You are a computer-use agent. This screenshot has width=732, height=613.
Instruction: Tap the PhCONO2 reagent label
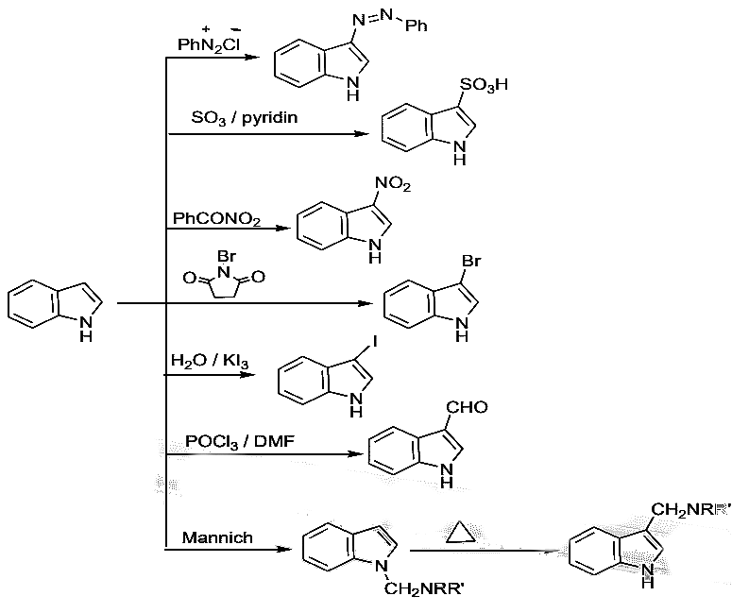click(x=216, y=219)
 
